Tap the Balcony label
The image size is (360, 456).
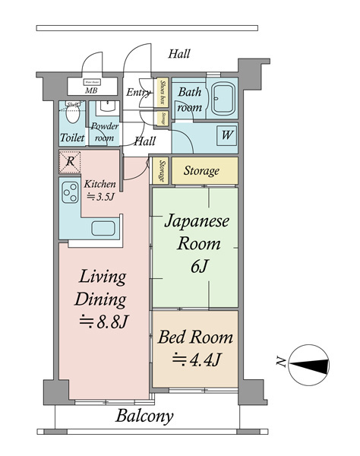pyautogui.click(x=144, y=416)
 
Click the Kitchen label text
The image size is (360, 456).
pyautogui.click(x=99, y=190)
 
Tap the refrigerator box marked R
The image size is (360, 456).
pyautogui.click(x=69, y=161)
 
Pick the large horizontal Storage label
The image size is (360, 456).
pyautogui.click(x=201, y=171)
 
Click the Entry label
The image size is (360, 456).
pyautogui.click(x=139, y=93)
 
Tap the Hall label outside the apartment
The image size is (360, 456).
pyautogui.click(x=179, y=54)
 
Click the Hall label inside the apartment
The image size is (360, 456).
pyautogui.click(x=144, y=141)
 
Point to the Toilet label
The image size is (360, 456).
pyautogui.click(x=72, y=139)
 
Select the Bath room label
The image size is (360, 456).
pyautogui.click(x=189, y=100)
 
